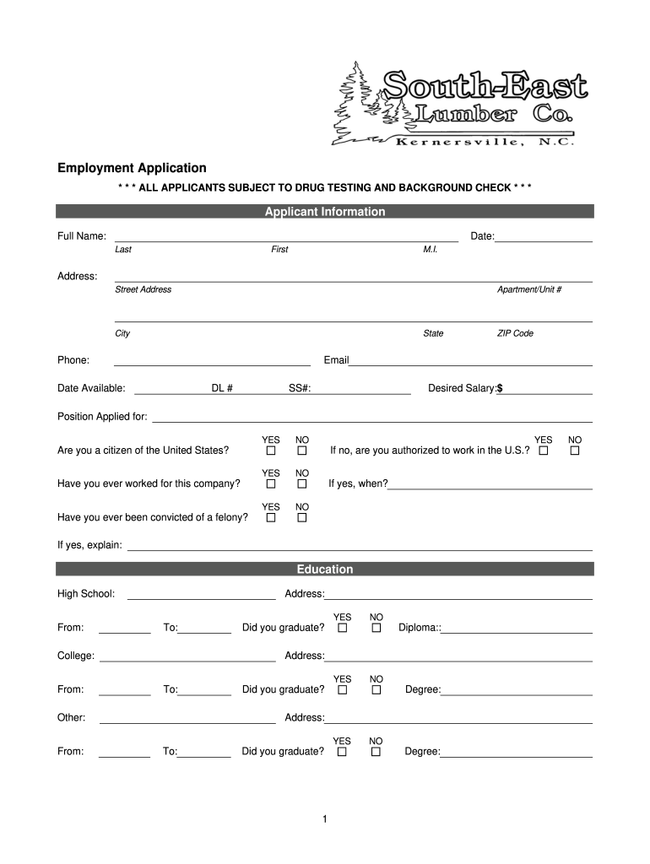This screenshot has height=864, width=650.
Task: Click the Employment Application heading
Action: click(x=132, y=168)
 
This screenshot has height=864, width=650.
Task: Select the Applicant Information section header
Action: click(x=325, y=212)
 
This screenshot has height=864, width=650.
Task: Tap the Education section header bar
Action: click(x=325, y=570)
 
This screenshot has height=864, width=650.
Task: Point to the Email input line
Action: click(x=470, y=362)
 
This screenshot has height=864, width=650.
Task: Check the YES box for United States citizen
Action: click(x=271, y=451)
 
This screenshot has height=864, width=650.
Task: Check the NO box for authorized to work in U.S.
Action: click(x=575, y=451)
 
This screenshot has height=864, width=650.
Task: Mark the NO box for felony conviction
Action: click(x=301, y=518)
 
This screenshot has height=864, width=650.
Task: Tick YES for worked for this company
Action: click(x=271, y=484)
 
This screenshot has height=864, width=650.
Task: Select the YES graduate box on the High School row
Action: click(x=342, y=629)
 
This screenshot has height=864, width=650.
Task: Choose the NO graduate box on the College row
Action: click(x=376, y=690)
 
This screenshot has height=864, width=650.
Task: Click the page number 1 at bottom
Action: click(x=324, y=819)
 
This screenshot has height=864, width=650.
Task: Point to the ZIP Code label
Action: click(x=515, y=333)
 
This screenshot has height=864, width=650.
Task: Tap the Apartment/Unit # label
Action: click(x=529, y=289)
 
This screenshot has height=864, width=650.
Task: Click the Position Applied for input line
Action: click(x=371, y=418)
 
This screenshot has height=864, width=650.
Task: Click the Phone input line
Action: click(x=212, y=362)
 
